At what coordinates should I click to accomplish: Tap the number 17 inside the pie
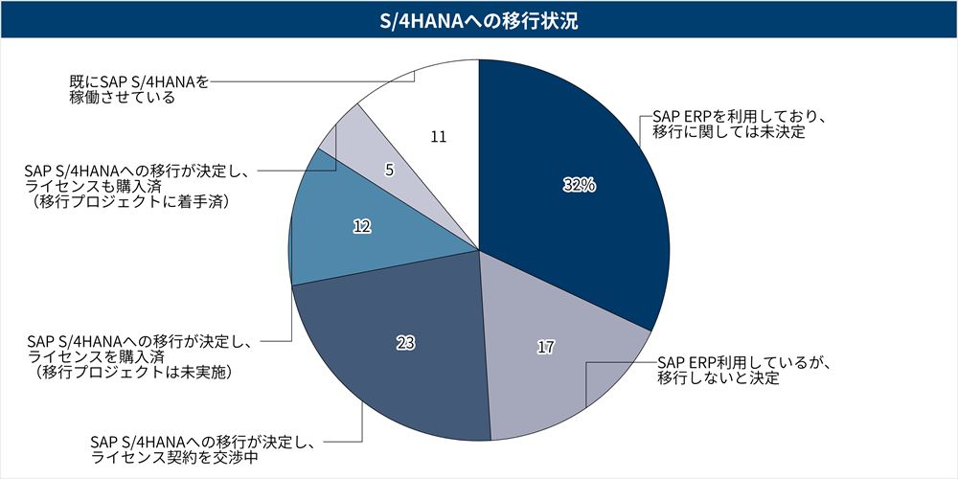click(x=545, y=347)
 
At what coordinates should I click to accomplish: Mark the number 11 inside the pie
click(x=439, y=137)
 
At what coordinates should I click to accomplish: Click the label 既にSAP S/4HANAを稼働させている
click(x=139, y=90)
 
